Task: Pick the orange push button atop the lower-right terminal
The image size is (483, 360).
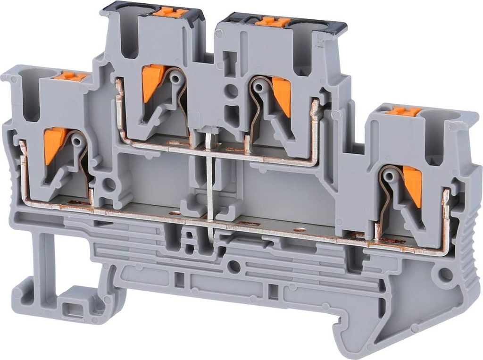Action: pos(404,111)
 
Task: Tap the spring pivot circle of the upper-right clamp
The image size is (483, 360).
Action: pos(258,86)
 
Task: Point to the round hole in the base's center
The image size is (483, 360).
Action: pos(233,267)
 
